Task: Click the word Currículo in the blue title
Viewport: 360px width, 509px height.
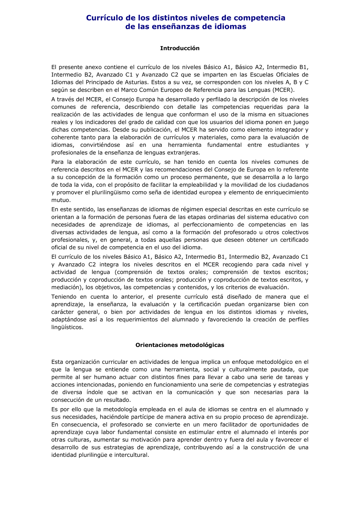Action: click(x=104, y=18)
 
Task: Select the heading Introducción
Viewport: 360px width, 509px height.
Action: click(x=180, y=48)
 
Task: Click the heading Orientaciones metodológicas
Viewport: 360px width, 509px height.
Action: click(x=180, y=345)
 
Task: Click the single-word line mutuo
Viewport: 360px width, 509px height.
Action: click(x=61, y=200)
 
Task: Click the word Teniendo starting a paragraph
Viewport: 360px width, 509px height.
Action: click(x=64, y=297)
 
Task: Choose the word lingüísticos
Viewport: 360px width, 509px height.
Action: click(x=67, y=328)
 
